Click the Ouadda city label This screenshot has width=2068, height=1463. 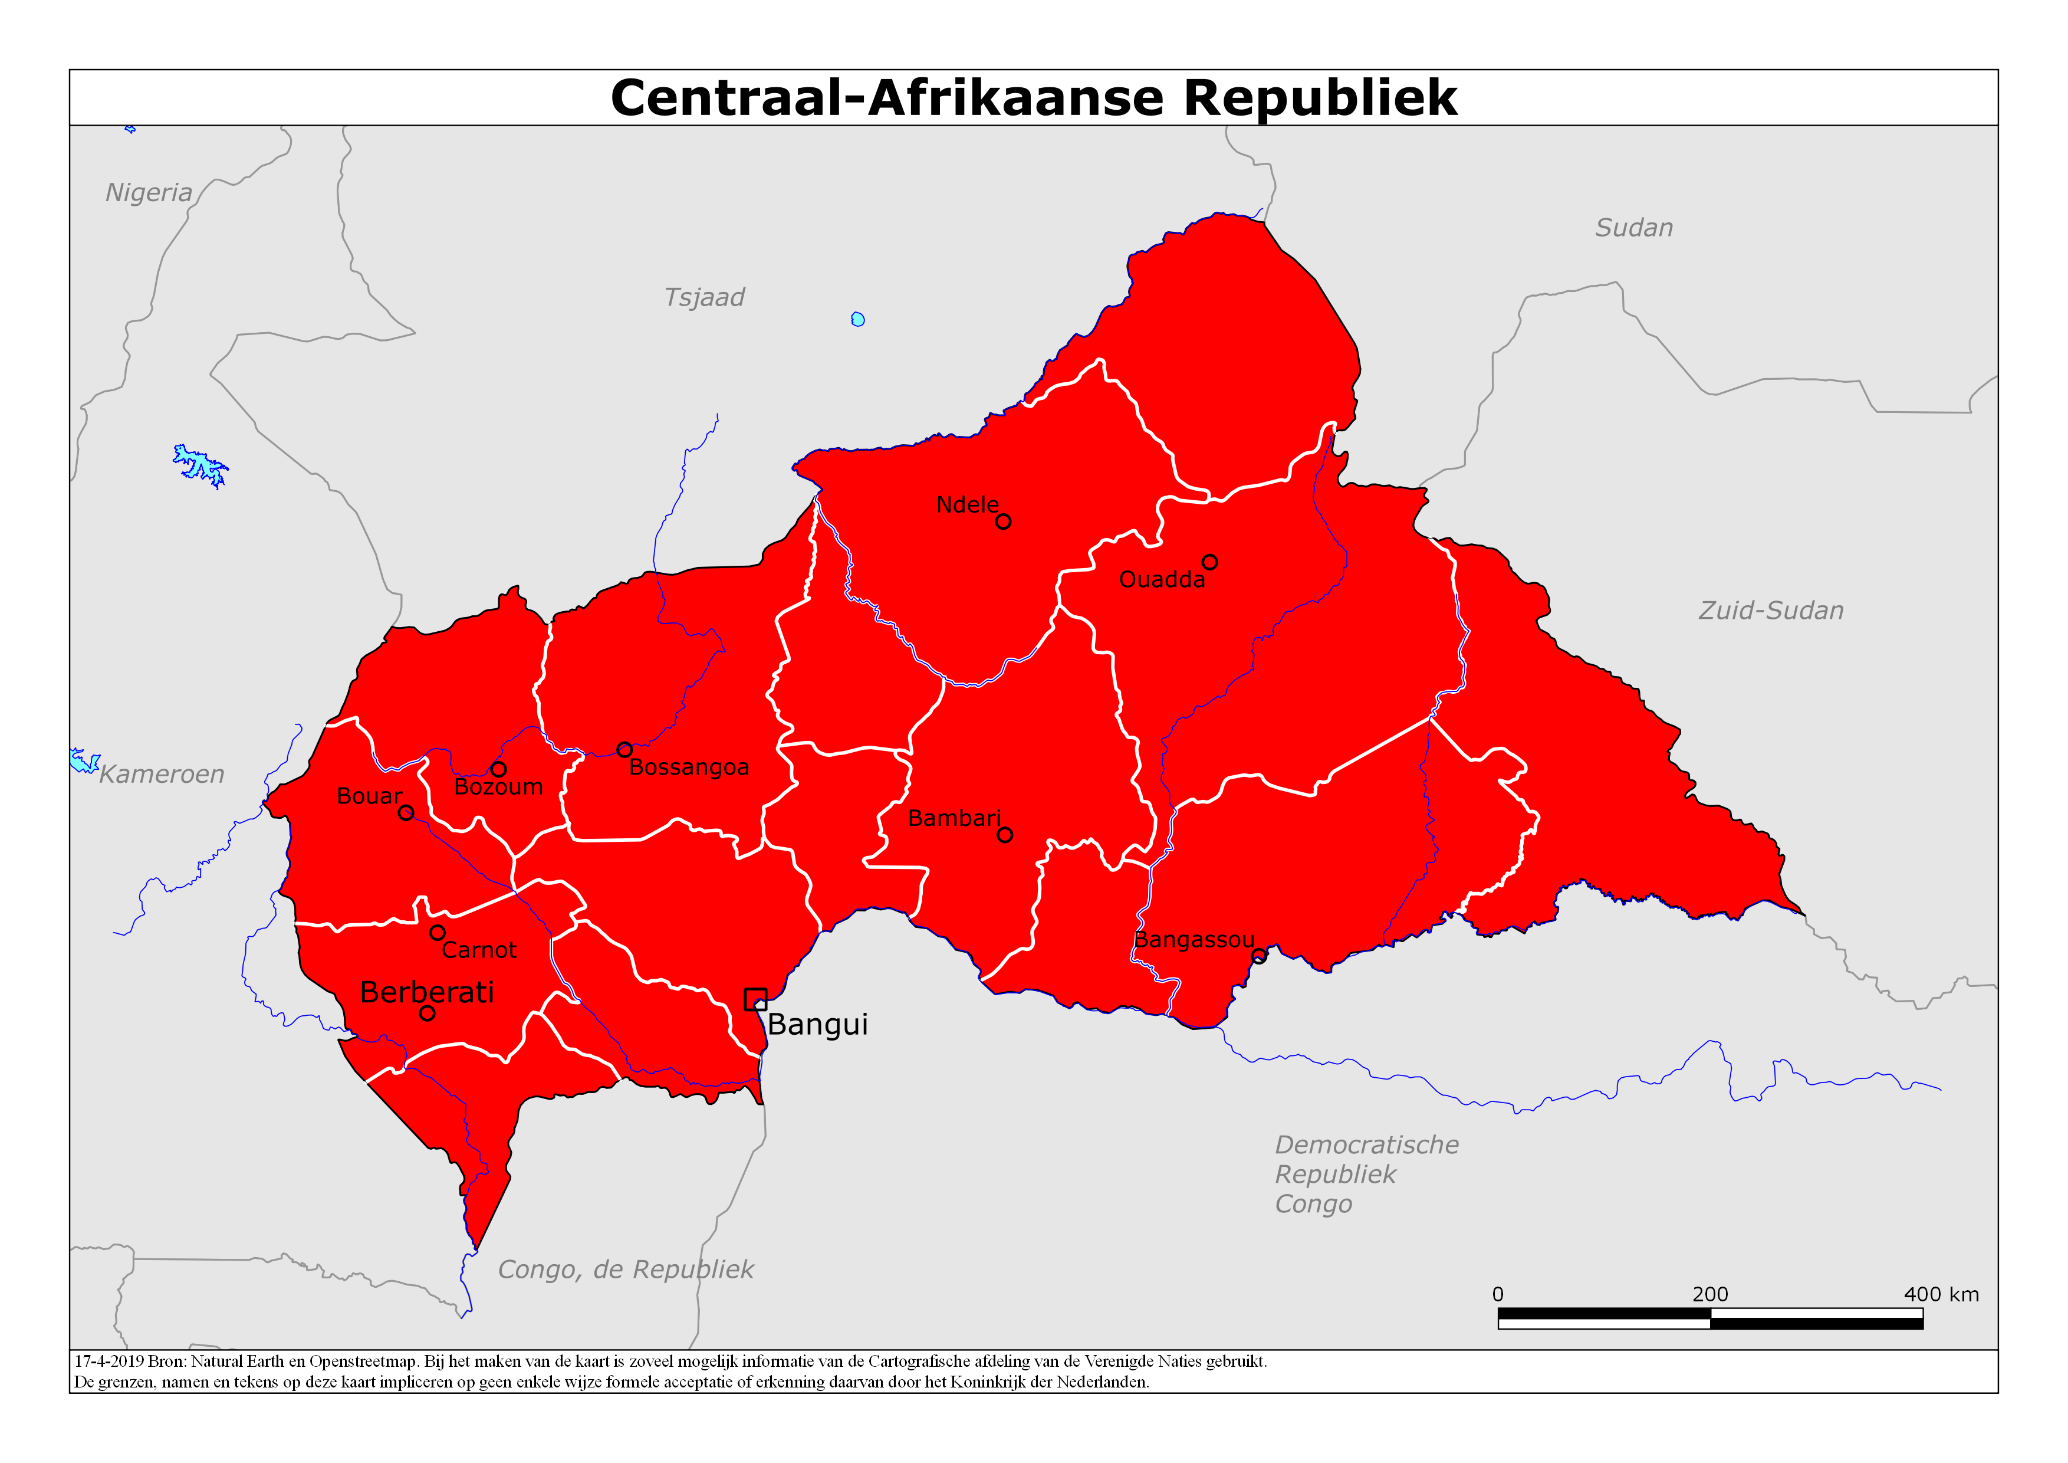(1161, 580)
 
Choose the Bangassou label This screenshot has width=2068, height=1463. (1194, 940)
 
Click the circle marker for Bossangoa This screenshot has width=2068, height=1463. (624, 750)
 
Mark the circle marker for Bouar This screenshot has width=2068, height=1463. (406, 812)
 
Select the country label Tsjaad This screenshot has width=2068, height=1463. (703, 297)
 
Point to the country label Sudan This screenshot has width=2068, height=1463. (1634, 228)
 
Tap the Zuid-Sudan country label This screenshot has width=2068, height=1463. (1771, 611)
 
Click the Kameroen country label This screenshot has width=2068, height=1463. (162, 775)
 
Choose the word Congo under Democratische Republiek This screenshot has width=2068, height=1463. (1313, 1205)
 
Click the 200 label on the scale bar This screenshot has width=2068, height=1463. (1709, 1294)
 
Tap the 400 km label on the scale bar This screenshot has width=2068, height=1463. (1941, 1294)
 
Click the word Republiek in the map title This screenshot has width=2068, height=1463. (1320, 97)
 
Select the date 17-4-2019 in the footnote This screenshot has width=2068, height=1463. (109, 1361)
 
